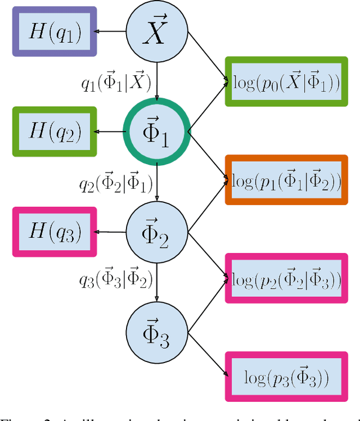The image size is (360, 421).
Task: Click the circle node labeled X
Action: (156, 32)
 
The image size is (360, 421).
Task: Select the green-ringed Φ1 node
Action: (156, 133)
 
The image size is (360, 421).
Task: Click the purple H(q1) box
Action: (55, 32)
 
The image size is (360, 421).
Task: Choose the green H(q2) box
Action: (55, 132)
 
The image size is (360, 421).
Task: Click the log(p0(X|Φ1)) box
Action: (286, 82)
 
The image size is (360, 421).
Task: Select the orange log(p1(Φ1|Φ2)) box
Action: (286, 180)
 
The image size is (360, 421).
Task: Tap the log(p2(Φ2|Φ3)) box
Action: (286, 279)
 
